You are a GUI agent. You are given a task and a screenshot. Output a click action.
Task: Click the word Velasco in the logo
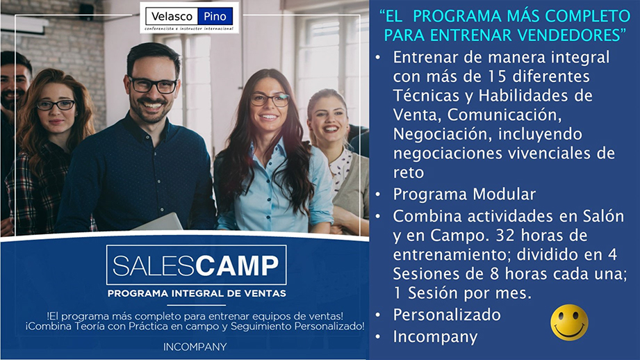(x=172, y=17)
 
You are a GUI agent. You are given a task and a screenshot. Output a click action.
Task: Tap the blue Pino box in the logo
(x=215, y=17)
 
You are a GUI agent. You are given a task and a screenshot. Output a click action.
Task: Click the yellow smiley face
(x=569, y=322)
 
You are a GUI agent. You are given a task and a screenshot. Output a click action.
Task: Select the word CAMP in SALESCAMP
(x=237, y=265)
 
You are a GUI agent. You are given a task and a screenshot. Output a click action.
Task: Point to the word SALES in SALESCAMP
(x=154, y=265)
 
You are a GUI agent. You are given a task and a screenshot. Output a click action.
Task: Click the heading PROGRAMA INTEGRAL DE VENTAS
(x=197, y=293)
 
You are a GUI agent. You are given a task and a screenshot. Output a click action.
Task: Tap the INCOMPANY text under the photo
(x=195, y=347)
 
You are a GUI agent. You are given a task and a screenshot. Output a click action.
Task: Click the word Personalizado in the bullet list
(x=447, y=315)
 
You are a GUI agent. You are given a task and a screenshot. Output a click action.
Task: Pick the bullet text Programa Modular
(x=464, y=195)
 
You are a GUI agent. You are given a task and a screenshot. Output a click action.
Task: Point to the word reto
(x=408, y=172)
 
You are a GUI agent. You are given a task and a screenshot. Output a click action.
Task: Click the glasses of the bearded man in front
(x=154, y=85)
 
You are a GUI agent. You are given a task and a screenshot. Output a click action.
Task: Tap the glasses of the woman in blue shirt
(x=270, y=99)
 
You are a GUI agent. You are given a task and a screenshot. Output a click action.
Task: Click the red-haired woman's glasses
(x=56, y=106)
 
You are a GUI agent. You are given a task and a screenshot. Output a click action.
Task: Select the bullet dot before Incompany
(x=378, y=337)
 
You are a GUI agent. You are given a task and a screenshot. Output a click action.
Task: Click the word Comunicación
(x=504, y=115)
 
